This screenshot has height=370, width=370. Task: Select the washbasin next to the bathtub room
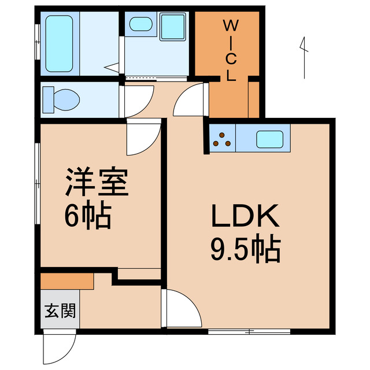point(139,24)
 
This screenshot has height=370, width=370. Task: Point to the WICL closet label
point(231,50)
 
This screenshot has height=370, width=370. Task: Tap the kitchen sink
point(268,139)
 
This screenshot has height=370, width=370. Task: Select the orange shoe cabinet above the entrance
point(67,281)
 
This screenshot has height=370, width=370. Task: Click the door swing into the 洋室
point(142,139)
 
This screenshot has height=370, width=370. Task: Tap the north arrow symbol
point(303,57)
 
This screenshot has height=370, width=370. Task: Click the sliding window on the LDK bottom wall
point(249,331)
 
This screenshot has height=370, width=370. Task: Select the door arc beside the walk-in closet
point(190,100)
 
